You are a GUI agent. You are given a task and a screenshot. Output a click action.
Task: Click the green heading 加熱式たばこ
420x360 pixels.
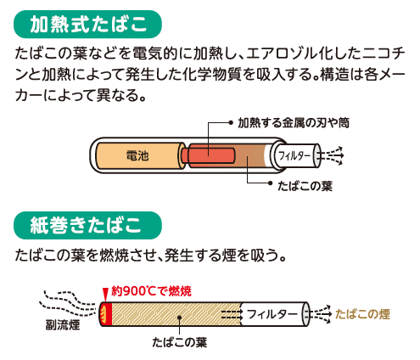[x=87, y=25]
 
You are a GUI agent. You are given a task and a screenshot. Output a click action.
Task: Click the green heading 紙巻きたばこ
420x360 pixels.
[x=87, y=225]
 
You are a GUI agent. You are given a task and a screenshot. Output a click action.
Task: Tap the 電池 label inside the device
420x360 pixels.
[x=137, y=155]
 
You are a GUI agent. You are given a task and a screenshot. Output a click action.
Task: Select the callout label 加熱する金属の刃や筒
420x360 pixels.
[x=294, y=123]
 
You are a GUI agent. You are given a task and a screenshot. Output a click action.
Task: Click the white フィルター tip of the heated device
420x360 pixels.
[x=296, y=155]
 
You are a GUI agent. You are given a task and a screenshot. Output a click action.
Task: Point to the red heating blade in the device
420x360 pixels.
[x=211, y=155]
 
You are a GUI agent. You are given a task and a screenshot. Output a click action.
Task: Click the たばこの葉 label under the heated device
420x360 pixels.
[x=305, y=186]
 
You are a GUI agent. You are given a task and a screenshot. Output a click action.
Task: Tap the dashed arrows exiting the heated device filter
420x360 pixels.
[x=333, y=155]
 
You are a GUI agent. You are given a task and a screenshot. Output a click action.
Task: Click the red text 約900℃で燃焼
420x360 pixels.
[x=151, y=291]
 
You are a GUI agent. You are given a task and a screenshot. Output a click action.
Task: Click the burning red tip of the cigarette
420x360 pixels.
[x=106, y=314]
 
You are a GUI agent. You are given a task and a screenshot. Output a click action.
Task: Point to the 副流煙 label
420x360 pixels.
[x=63, y=325]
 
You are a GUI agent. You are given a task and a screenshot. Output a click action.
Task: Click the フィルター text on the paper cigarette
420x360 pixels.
[x=272, y=314]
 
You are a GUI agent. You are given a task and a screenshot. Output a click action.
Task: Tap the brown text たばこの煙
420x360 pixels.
[x=362, y=314]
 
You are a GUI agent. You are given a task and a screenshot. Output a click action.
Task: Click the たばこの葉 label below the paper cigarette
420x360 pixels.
[x=180, y=342]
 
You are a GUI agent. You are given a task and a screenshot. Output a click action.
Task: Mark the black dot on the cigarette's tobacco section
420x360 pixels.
[x=179, y=318]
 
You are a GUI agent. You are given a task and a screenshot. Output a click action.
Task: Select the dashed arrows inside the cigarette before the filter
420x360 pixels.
[x=232, y=314]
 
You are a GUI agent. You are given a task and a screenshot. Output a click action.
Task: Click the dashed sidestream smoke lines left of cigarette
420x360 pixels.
[x=70, y=303]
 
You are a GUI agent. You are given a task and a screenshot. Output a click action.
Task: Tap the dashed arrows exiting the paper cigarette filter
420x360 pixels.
[x=321, y=314]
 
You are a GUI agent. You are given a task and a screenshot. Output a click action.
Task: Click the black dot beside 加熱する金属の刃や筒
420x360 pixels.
[x=231, y=123]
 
